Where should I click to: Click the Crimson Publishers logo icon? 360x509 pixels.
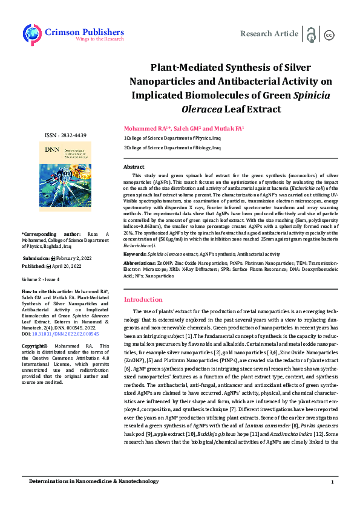point(31,34)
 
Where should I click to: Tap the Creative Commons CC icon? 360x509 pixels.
point(330,34)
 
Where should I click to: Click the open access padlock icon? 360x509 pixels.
point(311,34)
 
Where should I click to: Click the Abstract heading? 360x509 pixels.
point(134,166)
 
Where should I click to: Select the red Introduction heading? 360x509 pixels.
point(143,299)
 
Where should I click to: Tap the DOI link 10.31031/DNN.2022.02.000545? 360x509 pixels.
point(67,333)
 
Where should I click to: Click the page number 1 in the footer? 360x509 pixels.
point(332,481)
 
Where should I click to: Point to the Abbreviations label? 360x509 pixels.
point(140,264)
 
